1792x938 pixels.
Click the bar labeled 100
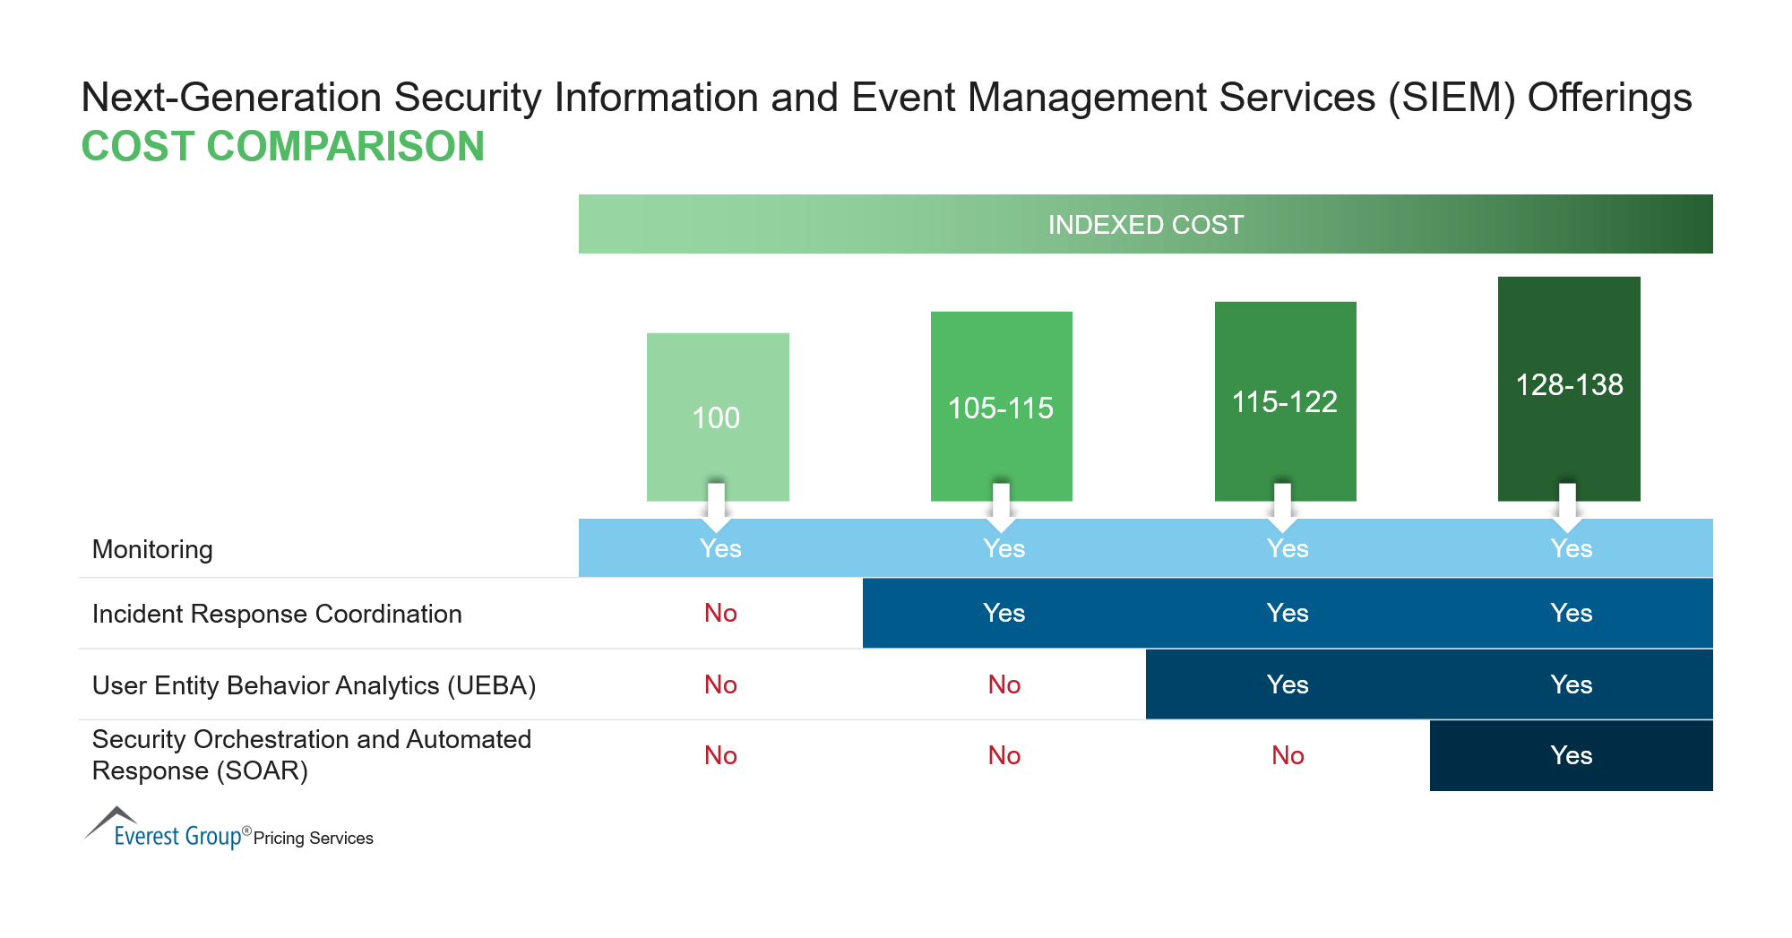point(718,417)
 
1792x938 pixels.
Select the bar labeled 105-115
point(1001,407)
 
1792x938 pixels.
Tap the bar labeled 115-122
point(1285,400)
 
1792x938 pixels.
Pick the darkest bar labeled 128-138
point(1569,384)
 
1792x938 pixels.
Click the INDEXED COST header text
point(1145,225)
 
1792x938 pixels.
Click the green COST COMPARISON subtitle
point(282,146)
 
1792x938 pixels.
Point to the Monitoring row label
point(152,549)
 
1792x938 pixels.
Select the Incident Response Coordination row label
point(277,614)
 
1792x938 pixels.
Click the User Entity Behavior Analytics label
point(314,685)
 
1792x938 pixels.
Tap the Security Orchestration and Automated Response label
point(311,754)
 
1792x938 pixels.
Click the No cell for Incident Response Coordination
point(720,613)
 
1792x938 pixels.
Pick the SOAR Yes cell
point(1571,755)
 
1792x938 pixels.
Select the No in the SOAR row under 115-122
point(1288,755)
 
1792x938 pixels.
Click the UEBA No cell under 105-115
point(1004,684)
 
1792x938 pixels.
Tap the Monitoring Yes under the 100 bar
point(720,548)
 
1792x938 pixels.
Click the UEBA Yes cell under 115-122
point(1288,684)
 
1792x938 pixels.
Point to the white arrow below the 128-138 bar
point(1567,507)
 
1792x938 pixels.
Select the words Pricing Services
point(313,838)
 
